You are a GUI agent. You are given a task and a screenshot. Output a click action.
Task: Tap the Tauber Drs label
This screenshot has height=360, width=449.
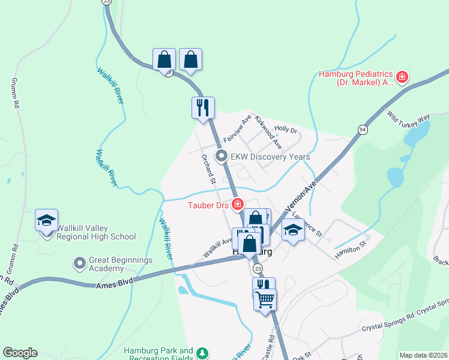206,205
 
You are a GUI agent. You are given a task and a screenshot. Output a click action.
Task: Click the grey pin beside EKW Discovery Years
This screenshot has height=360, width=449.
221,157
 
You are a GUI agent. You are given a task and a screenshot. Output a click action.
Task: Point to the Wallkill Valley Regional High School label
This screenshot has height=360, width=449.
96,232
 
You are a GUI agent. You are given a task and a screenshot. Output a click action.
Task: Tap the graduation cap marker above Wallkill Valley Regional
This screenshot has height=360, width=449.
46,221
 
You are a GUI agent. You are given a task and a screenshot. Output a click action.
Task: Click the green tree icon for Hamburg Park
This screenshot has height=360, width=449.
203,352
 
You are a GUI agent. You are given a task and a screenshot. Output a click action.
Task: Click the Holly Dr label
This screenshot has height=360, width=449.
286,130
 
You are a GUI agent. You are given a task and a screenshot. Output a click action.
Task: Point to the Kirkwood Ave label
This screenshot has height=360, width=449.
268,131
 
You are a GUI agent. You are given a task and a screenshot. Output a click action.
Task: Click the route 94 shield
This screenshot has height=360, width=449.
363,130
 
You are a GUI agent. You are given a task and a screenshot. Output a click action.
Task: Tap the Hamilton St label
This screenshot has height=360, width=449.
351,248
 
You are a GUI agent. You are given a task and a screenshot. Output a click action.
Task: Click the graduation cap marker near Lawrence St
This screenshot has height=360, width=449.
293,230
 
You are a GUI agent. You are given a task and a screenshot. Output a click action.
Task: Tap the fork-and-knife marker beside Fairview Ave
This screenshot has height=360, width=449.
203,108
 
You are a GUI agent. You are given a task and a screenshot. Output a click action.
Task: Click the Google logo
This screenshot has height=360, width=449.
20,353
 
